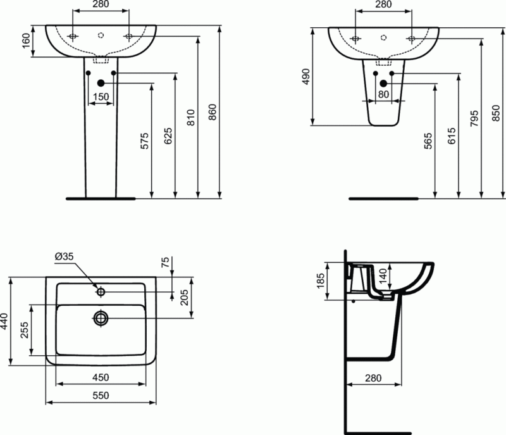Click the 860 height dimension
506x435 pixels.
coord(213,111)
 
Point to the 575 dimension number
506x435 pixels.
coord(144,141)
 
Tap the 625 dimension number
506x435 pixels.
coord(168,136)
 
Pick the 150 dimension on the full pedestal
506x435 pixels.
coord(101,97)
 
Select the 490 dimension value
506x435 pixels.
coord(305,76)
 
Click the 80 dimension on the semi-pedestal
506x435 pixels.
coord(383,94)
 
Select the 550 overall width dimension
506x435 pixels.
coord(101,395)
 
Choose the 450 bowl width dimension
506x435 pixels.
coord(101,377)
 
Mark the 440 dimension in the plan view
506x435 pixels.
coord(6,322)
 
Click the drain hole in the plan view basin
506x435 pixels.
coord(101,317)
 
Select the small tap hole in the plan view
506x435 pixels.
coord(101,292)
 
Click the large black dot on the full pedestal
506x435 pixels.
coord(101,84)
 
